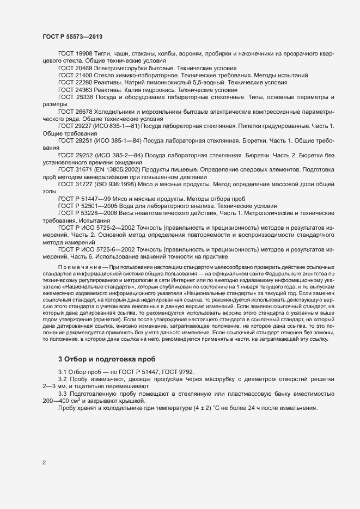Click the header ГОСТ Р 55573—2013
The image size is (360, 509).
pos(72,36)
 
